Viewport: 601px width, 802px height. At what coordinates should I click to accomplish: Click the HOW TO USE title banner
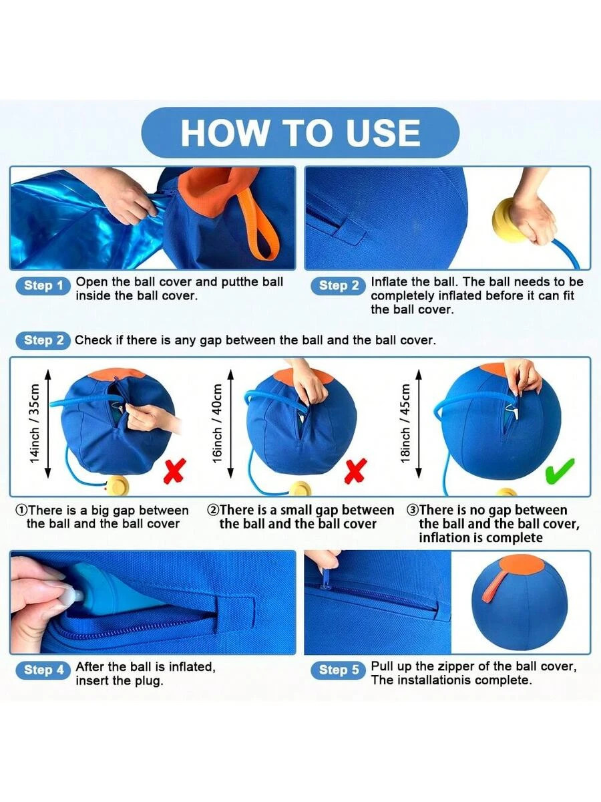[x=300, y=132]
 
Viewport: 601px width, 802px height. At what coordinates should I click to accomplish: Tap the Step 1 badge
[x=43, y=286]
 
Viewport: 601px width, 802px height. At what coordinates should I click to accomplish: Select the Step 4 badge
[x=43, y=670]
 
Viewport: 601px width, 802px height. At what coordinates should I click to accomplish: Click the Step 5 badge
[x=338, y=670]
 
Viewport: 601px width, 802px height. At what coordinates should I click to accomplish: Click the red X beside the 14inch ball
[x=175, y=471]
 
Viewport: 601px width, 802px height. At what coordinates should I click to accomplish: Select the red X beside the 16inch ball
[x=355, y=471]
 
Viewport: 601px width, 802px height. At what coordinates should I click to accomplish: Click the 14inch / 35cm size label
[x=34, y=424]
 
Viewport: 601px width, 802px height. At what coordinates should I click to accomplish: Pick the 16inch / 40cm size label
[x=217, y=424]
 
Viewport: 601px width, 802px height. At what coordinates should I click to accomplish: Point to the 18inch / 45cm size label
[x=405, y=424]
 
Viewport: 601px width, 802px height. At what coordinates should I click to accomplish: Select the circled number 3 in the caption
[x=412, y=510]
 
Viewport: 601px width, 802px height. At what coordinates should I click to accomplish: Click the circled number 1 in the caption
[x=21, y=510]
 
